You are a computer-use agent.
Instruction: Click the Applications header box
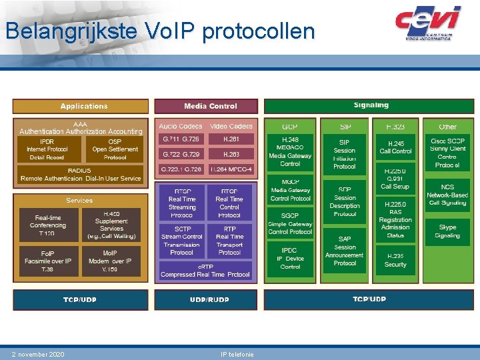point(81,106)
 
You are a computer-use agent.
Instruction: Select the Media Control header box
point(205,106)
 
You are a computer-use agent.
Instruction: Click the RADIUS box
point(81,174)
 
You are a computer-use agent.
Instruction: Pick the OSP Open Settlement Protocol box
point(115,149)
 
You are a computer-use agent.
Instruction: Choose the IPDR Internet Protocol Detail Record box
point(47,149)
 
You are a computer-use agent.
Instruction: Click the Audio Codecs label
point(181,126)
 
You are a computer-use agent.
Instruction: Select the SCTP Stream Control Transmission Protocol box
point(181,240)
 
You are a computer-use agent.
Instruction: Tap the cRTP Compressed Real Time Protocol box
point(205,271)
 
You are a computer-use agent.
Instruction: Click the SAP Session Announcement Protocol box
point(345,251)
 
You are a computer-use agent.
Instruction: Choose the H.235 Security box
point(395,260)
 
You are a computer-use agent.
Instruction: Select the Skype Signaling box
point(447,231)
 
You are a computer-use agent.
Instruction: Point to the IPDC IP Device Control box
point(290,258)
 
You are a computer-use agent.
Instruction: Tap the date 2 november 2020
point(38,354)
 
